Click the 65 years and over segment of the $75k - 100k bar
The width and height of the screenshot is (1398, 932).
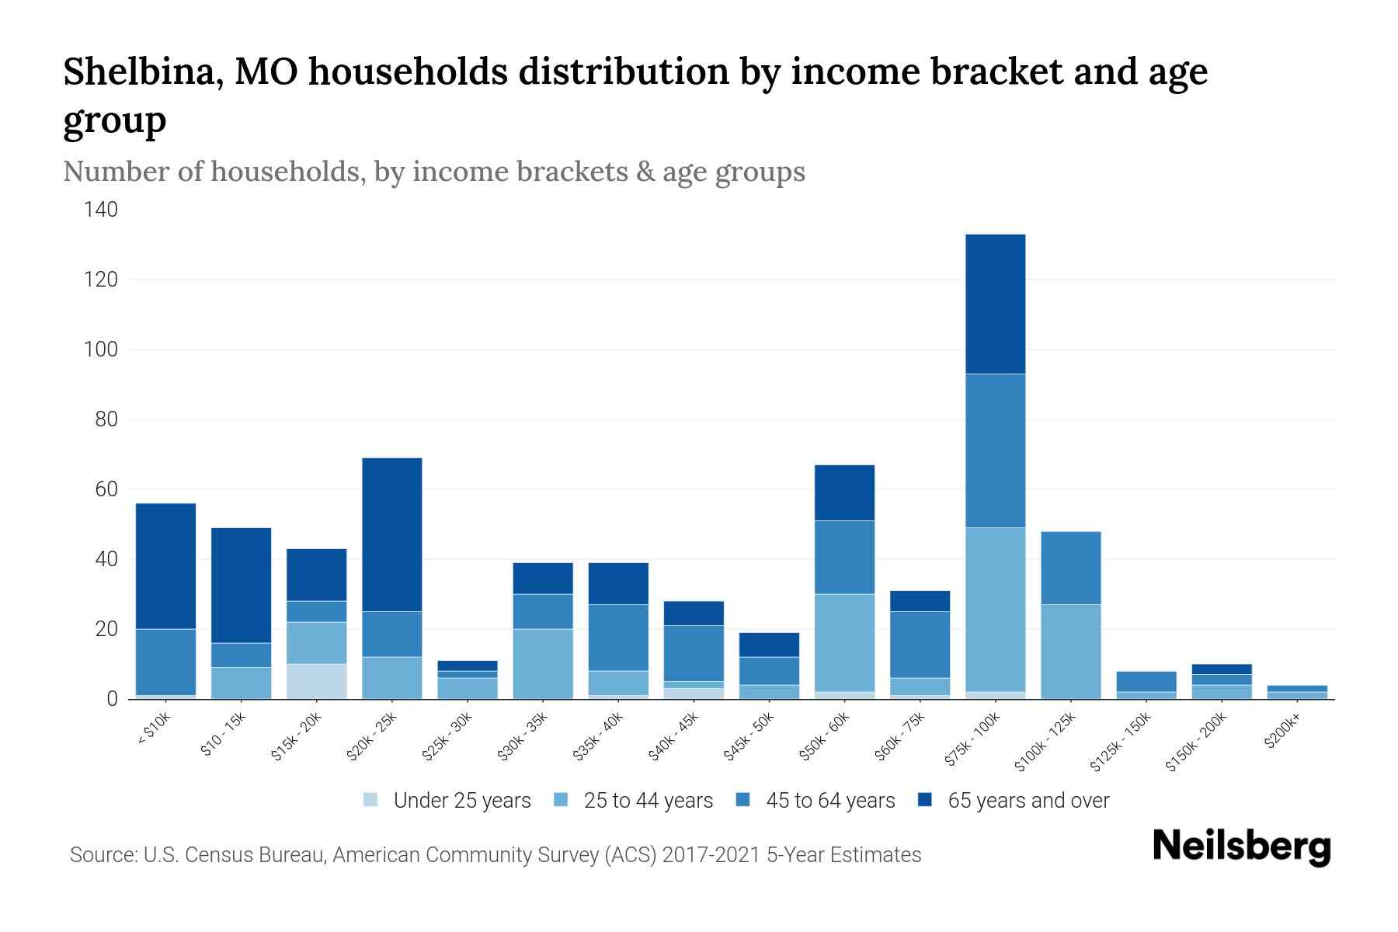[x=995, y=304]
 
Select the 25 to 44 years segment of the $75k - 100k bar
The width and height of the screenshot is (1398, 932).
[x=995, y=609]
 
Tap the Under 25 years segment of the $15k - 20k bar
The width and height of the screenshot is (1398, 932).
[x=316, y=681]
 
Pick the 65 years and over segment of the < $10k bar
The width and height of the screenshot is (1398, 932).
[x=165, y=566]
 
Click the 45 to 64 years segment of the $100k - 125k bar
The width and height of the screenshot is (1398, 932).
[x=1070, y=568]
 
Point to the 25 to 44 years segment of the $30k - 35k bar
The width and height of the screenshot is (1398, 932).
[x=543, y=663]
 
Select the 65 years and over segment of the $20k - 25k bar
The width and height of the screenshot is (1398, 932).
[x=392, y=534]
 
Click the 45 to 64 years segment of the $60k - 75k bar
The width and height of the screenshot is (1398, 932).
[x=920, y=645]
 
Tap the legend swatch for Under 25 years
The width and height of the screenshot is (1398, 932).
[x=371, y=800]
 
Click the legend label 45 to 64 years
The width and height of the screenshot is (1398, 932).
[x=830, y=801]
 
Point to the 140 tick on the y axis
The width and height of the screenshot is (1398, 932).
[x=101, y=210]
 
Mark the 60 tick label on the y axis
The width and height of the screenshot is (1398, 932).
[x=106, y=489]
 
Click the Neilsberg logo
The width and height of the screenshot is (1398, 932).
[x=1241, y=847]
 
